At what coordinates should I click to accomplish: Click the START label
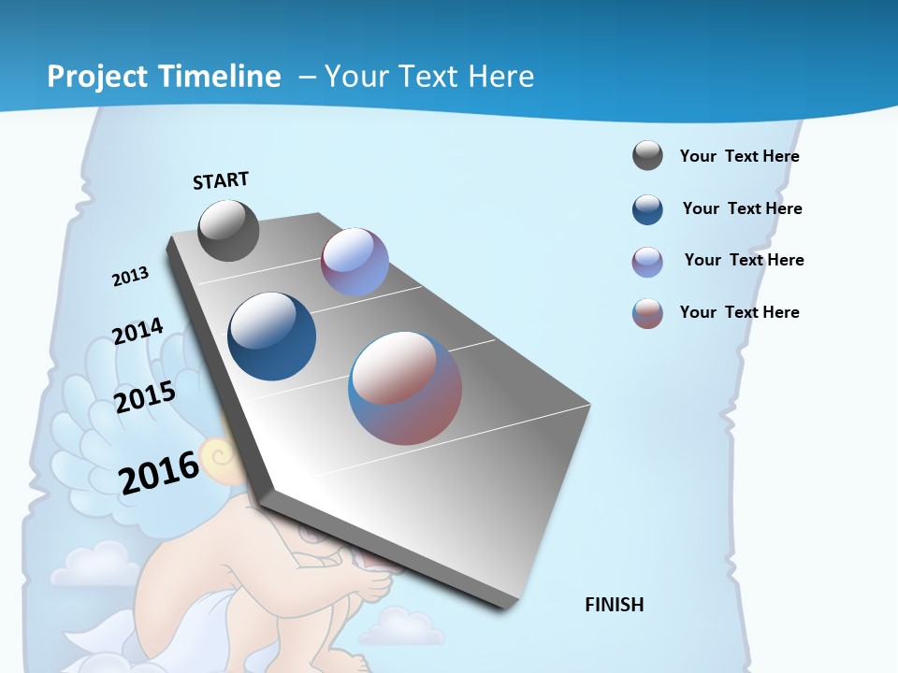[x=221, y=180]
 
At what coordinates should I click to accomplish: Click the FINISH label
[x=615, y=605]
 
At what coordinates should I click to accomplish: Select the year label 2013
[x=131, y=277]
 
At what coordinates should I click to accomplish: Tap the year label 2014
[x=138, y=331]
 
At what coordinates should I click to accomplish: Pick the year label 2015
[x=145, y=397]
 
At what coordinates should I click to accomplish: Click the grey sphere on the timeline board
[x=228, y=230]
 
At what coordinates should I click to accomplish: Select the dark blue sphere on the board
[x=271, y=336]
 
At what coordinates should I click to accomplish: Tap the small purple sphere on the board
[x=355, y=262]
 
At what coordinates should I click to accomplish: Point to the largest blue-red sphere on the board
[x=405, y=388]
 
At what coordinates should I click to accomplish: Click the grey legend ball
[x=647, y=156]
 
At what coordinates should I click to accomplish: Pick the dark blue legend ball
[x=647, y=209]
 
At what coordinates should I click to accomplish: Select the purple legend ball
[x=647, y=262]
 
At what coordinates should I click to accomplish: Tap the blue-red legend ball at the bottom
[x=647, y=313]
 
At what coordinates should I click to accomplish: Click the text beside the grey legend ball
[x=739, y=156]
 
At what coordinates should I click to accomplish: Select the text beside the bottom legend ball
[x=739, y=312]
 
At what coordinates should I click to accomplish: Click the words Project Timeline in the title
[x=164, y=77]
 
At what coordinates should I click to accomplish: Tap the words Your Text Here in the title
[x=428, y=77]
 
